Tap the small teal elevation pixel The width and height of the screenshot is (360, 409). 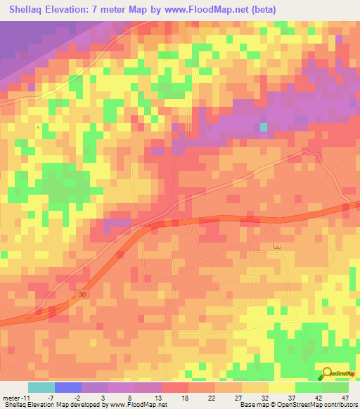[x=264, y=127]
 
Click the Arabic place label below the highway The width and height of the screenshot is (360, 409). [x=276, y=246]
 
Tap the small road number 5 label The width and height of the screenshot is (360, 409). [x=39, y=127]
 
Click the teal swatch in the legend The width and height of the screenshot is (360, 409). [x=41, y=387]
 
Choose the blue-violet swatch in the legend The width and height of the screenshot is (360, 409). [x=67, y=387]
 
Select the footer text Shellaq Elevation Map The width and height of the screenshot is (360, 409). [x=35, y=405]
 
